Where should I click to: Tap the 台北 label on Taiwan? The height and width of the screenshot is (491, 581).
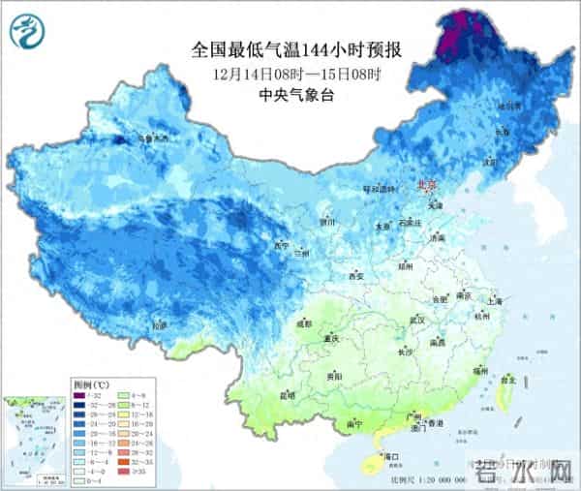point(505,381)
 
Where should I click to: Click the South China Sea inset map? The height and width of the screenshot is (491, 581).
point(34,437)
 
